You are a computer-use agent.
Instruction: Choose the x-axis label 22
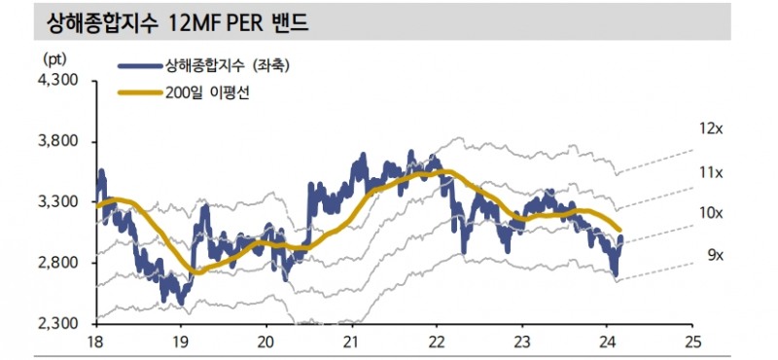click(437, 342)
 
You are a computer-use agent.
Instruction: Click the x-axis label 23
click(522, 342)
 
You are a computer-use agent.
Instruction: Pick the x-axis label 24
click(607, 342)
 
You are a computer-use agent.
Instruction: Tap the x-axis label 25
click(692, 342)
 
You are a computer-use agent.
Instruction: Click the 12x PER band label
click(710, 127)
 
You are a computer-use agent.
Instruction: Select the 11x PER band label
click(710, 172)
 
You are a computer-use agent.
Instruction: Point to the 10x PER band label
click(712, 212)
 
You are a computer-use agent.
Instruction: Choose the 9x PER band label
click(714, 256)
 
